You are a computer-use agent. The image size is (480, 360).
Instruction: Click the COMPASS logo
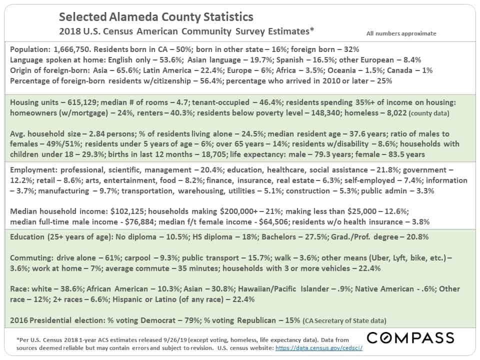pyautogui.click(x=410, y=338)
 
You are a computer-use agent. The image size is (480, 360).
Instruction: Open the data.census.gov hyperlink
pyautogui.click(x=319, y=348)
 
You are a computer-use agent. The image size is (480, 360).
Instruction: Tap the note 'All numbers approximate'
pyautogui.click(x=401, y=33)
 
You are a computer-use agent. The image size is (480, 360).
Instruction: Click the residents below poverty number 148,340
pyautogui.click(x=325, y=113)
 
